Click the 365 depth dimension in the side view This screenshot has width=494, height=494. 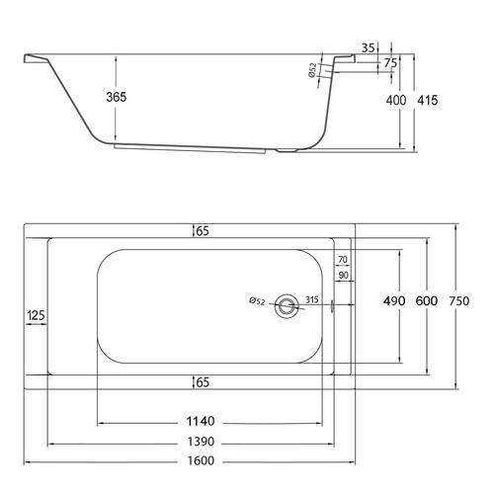117,97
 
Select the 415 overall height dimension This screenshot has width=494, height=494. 428,100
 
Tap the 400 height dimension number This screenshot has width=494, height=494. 396,100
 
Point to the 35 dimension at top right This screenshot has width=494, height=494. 369,48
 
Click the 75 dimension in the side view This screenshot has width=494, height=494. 391,63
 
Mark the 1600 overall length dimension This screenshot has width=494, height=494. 201,460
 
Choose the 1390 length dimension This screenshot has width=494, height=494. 201,442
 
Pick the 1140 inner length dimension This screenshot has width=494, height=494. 201,421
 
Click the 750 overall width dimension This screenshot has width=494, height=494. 459,300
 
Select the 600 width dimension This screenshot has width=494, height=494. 427,300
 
